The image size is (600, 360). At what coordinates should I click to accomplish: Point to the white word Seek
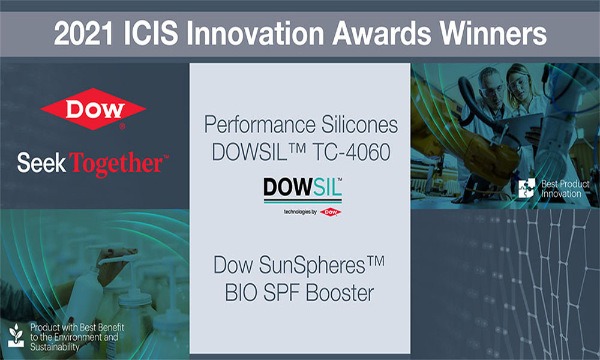click(x=41, y=162)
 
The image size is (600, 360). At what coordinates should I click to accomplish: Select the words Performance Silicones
click(x=301, y=125)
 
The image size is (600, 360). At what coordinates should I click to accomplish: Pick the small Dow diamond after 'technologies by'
click(x=331, y=212)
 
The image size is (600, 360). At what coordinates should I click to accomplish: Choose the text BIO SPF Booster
click(x=300, y=293)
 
